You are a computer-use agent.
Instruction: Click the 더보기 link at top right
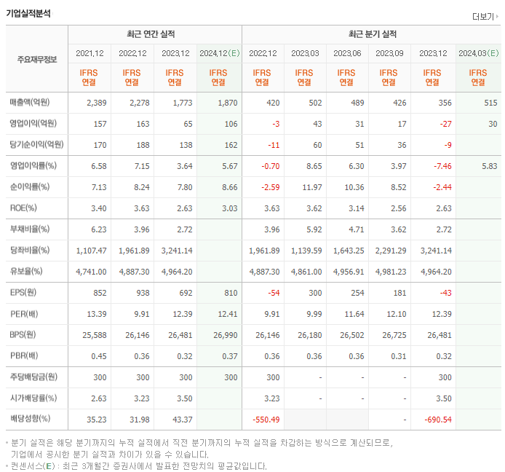pos(485,16)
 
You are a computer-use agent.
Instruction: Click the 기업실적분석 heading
pos(29,13)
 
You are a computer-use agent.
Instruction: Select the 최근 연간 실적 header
pos(155,34)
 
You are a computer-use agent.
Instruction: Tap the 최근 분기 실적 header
pos(372,34)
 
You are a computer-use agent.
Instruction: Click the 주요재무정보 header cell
pos(36,60)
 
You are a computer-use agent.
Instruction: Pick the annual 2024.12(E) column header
pos(218,53)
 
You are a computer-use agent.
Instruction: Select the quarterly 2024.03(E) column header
pos(478,53)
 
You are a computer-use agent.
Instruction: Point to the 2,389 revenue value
pos(97,103)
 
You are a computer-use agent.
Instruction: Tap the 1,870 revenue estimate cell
pos(227,103)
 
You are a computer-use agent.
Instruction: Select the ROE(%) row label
pos(24,208)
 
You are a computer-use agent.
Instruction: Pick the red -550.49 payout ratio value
pos(264,420)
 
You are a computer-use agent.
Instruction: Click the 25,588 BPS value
pos(95,335)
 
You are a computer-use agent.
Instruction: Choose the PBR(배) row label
pos(24,356)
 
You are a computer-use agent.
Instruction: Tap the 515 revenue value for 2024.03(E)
pos(490,103)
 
